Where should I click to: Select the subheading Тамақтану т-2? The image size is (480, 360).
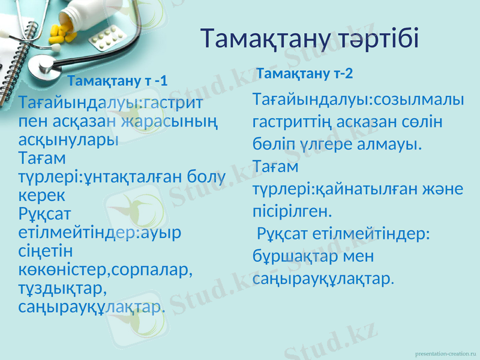(x=304, y=74)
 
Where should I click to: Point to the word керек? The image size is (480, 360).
(x=42, y=196)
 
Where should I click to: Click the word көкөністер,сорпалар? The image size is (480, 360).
(x=106, y=270)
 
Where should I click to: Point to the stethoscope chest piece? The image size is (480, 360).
(x=42, y=66)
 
